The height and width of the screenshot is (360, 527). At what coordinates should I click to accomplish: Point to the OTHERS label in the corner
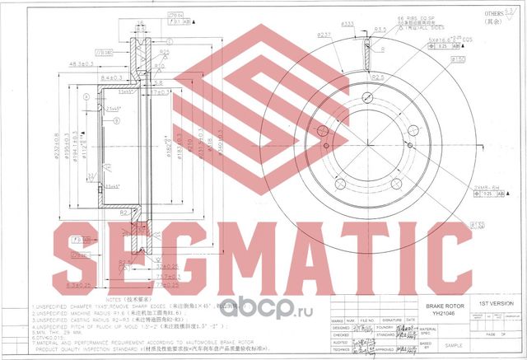click(493, 15)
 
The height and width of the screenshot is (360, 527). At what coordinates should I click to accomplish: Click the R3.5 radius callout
click(381, 30)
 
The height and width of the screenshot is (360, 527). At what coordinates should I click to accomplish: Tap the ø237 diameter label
click(324, 35)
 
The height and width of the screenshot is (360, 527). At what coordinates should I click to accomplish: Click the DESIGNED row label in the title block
click(340, 326)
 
